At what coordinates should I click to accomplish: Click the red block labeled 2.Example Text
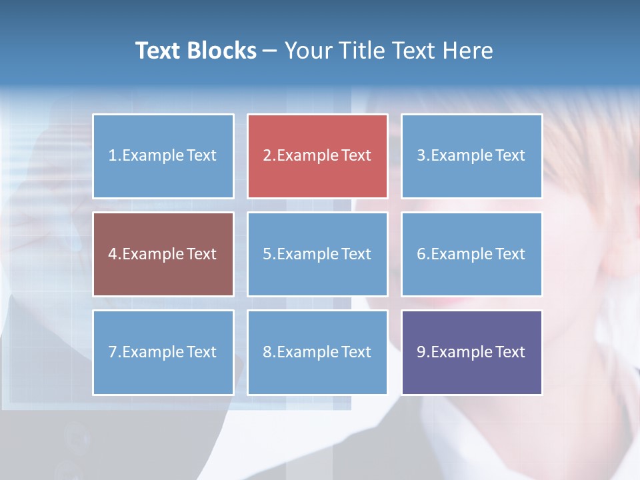coord(317,156)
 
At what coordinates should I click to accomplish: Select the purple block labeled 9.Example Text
coord(471,352)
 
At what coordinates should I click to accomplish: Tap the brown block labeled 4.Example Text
coord(163,254)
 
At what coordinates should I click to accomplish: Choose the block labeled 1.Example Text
coord(163,156)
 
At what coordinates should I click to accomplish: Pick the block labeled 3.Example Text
coord(471,156)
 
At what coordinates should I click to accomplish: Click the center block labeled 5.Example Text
coord(317,254)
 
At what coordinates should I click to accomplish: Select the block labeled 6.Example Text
coord(471,254)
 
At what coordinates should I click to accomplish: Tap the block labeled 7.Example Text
coord(163,352)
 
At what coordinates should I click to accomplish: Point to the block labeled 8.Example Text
coord(317,352)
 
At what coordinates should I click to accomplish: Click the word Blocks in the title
coord(223,51)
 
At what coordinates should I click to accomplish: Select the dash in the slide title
coord(270,51)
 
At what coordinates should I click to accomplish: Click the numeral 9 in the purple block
coord(421,352)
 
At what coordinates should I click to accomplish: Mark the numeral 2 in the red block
coord(267,156)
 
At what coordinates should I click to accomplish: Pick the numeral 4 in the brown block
coord(113,254)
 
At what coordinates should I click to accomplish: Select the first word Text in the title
coord(160,51)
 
